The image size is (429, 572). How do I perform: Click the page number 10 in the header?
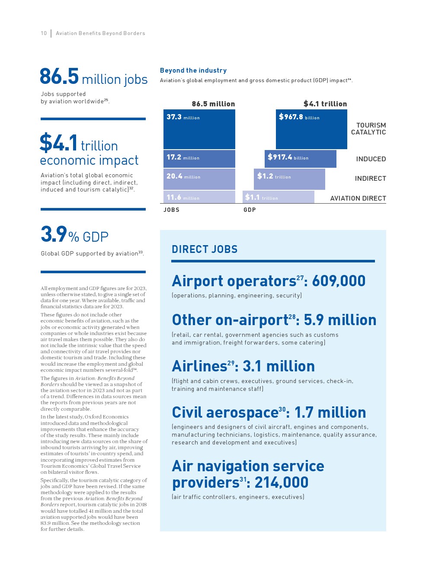pyautogui.click(x=44, y=33)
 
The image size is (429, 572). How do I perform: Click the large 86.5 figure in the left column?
pyautogui.click(x=59, y=77)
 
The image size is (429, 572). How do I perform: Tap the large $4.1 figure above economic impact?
pyautogui.click(x=58, y=143)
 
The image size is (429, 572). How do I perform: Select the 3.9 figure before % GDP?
pyautogui.click(x=54, y=234)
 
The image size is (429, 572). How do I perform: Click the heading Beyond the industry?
pyautogui.click(x=193, y=70)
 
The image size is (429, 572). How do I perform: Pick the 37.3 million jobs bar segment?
pyautogui.click(x=199, y=129)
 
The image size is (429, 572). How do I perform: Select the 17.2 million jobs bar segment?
pyautogui.click(x=199, y=159)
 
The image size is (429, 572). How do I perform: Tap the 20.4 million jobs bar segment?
pyautogui.click(x=199, y=179)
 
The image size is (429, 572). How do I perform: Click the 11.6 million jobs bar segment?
pyautogui.click(x=199, y=197)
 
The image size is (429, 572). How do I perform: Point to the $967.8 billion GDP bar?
pyautogui.click(x=311, y=129)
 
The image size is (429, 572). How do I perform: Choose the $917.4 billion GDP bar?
pyautogui.click(x=301, y=159)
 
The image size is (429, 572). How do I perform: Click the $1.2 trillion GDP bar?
pyautogui.click(x=289, y=179)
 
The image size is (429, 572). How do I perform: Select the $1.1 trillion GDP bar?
pyautogui.click(x=279, y=197)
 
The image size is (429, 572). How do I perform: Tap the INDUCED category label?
pyautogui.click(x=371, y=159)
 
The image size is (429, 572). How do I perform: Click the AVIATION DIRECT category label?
pyautogui.click(x=358, y=198)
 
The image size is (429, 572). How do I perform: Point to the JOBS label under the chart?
pyautogui.click(x=171, y=210)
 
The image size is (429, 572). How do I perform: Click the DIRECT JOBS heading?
pyautogui.click(x=205, y=249)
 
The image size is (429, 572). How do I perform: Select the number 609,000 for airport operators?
pyautogui.click(x=339, y=281)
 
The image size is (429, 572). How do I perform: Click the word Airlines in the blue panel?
pyautogui.click(x=199, y=366)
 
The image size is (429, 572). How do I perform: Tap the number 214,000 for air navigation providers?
pyautogui.click(x=282, y=483)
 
